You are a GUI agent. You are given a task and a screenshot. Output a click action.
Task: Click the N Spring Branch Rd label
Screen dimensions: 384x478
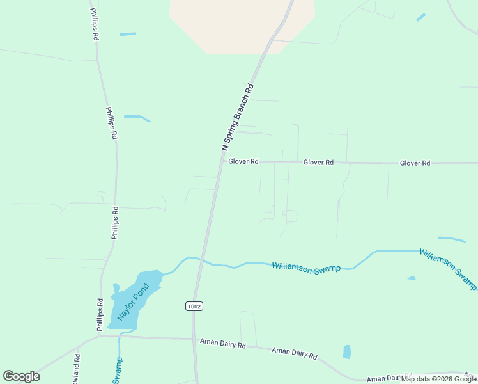pos(238,117)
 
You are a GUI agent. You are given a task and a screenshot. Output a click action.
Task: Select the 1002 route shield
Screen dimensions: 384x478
pos(195,307)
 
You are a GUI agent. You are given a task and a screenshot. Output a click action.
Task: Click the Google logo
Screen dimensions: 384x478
pos(22,376)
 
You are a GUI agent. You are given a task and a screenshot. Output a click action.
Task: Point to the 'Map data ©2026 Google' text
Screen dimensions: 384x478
pos(439,379)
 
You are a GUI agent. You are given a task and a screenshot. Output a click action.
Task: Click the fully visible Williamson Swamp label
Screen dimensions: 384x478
pos(306,268)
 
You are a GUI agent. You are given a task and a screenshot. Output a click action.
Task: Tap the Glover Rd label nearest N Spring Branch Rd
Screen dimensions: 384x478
pos(243,162)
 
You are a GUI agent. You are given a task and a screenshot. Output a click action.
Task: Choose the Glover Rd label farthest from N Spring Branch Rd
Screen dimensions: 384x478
pos(415,163)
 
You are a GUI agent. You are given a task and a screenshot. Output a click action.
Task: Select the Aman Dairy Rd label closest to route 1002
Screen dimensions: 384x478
pos(222,344)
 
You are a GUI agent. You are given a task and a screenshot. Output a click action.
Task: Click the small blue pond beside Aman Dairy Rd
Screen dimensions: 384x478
pos(347,351)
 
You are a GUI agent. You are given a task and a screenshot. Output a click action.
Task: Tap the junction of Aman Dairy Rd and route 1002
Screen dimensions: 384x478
pos(194,339)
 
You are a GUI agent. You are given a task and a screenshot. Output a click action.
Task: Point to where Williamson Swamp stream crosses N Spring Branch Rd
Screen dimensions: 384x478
pos(200,259)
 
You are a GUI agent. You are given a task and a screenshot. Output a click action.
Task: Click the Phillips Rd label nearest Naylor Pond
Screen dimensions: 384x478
pos(100,315)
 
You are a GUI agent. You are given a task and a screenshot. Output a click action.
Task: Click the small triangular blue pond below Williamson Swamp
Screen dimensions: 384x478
pos(412,278)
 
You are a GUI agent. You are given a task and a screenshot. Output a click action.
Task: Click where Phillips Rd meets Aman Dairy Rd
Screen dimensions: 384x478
pos(100,335)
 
